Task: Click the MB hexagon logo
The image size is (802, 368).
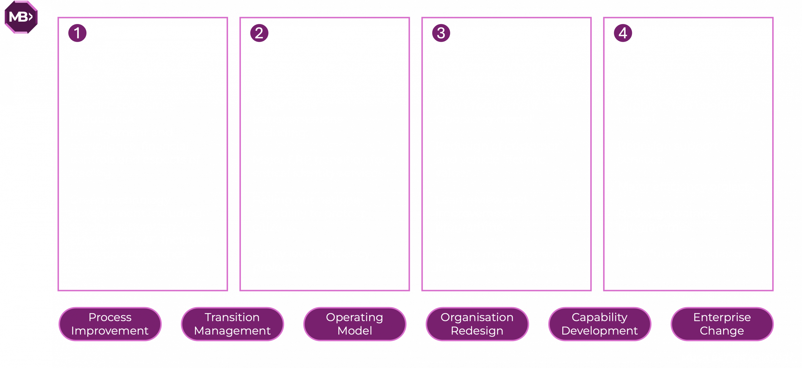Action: [21, 17]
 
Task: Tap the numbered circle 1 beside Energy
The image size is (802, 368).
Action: [77, 33]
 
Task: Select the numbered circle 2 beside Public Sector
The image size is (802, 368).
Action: [259, 33]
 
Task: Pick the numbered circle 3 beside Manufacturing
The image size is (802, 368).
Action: [441, 33]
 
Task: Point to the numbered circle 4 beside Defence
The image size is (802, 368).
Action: [623, 33]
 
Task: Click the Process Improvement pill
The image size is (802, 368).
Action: [110, 324]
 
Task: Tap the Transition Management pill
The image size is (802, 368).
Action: [232, 324]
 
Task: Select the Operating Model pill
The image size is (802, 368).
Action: [355, 324]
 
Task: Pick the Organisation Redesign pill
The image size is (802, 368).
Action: [477, 324]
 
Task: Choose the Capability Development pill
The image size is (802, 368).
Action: [599, 324]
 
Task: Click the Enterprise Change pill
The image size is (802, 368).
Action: [722, 324]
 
